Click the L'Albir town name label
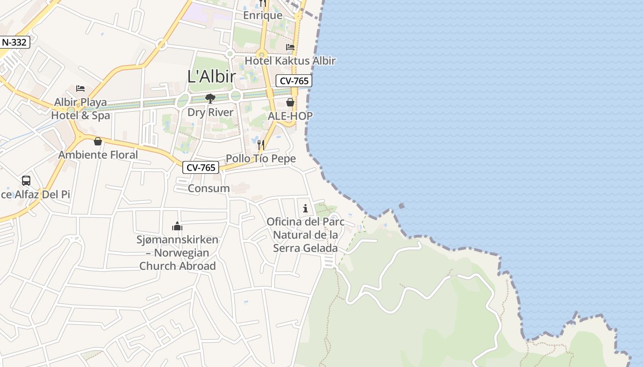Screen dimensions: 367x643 212,76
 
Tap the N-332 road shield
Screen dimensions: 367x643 15,42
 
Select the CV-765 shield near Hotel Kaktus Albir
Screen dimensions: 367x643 294,81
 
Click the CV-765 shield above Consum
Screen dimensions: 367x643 201,167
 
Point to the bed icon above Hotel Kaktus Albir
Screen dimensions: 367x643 290,47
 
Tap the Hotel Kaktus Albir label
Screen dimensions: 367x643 290,61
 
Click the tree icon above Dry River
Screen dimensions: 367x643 210,98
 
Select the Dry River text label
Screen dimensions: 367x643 210,112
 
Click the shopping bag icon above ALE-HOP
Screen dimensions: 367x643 290,102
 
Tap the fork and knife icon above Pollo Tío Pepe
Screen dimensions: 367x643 261,145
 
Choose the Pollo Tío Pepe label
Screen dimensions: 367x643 261,159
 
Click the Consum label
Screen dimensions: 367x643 209,188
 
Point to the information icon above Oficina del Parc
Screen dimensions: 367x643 305,209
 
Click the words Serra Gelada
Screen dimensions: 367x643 305,248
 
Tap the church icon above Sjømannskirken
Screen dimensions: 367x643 177,226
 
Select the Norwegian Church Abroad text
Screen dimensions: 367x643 178,260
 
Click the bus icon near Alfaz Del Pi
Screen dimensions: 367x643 26,181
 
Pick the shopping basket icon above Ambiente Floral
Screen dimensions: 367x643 98,141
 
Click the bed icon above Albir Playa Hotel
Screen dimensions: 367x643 80,88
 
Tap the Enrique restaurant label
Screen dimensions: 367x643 263,15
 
